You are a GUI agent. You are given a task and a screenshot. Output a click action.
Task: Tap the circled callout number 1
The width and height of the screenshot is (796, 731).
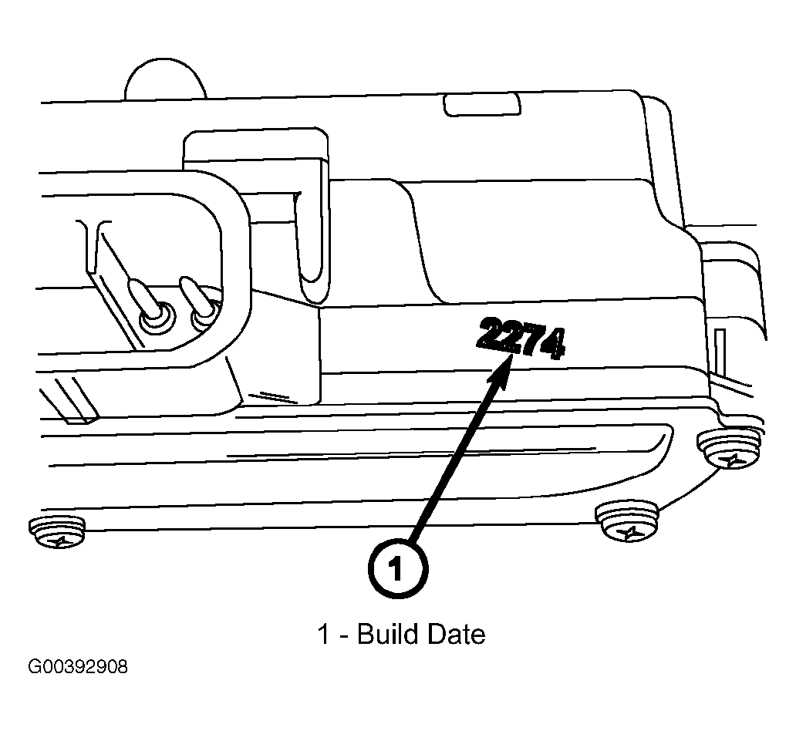pyautogui.click(x=395, y=570)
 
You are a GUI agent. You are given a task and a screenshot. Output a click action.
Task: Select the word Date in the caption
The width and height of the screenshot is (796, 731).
pyautogui.click(x=456, y=635)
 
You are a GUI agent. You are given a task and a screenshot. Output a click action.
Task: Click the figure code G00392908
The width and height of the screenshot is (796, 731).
pyautogui.click(x=78, y=666)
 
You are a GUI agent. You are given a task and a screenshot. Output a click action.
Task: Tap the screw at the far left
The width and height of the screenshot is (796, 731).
pyautogui.click(x=57, y=532)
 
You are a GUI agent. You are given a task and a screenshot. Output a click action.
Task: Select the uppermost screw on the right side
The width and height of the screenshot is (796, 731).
pyautogui.click(x=728, y=449)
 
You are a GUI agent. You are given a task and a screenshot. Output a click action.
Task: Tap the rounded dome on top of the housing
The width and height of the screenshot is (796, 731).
pyautogui.click(x=166, y=81)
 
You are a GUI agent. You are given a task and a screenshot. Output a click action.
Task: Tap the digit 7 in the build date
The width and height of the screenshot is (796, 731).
pyautogui.click(x=531, y=341)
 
